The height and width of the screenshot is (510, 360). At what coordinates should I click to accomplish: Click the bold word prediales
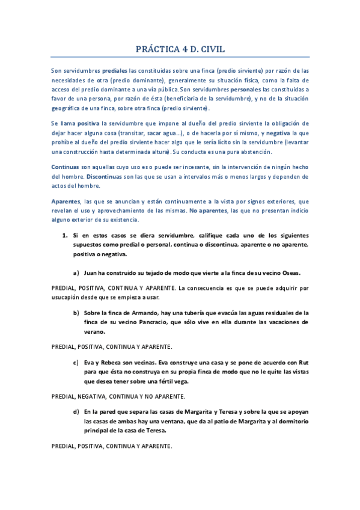pos(115,71)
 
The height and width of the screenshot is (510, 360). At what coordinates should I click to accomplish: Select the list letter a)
pos(76,272)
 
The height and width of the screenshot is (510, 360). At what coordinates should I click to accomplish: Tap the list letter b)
pos(76,313)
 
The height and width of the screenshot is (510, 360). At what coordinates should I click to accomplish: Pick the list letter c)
pos(76,362)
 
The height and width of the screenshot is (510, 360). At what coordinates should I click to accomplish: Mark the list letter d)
pos(76,412)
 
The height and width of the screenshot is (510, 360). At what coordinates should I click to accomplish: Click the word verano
pos(94,332)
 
